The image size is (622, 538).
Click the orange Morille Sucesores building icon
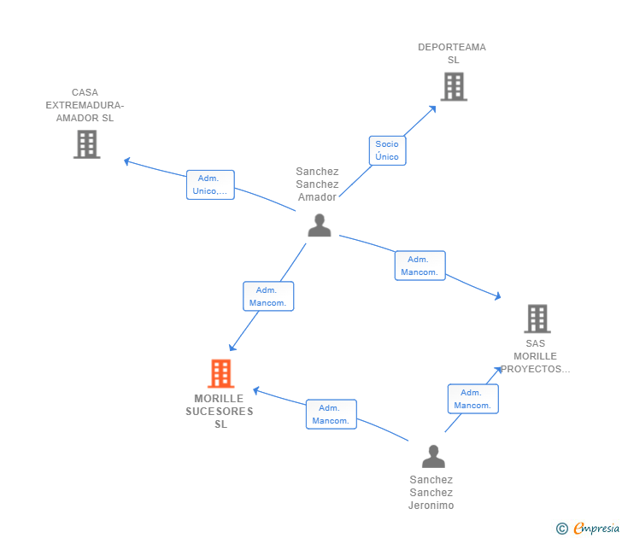point(221,373)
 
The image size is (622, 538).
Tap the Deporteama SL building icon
point(454,87)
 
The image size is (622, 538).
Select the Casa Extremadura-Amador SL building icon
point(87,144)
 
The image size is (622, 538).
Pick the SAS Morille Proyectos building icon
point(537,319)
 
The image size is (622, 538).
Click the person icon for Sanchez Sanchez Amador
point(320,225)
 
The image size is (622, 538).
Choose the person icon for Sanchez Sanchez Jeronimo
point(433,456)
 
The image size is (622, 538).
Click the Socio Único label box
point(387,150)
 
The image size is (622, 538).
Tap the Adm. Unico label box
point(210,184)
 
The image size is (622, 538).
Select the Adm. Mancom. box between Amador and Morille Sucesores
point(268,296)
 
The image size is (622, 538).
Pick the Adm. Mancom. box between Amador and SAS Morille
point(420,266)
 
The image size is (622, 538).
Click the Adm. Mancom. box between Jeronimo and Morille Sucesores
point(331,414)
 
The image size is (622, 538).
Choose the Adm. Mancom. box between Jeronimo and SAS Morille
point(472,399)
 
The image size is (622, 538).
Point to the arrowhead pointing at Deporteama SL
point(433,108)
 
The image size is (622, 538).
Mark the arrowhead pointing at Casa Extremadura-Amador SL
point(127,161)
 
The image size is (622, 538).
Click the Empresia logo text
point(596,528)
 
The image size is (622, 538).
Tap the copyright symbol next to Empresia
point(561,529)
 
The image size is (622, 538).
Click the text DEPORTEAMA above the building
point(452,47)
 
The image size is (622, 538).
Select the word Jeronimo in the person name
point(431,505)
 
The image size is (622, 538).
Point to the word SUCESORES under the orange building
point(220,411)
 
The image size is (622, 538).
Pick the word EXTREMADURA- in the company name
point(85,105)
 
